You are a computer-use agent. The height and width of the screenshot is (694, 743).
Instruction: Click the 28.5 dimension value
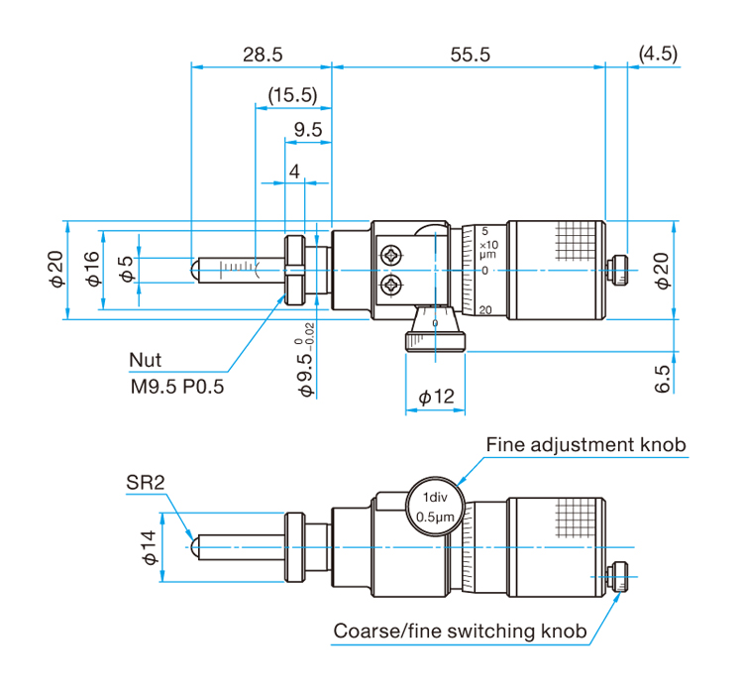pos(263,55)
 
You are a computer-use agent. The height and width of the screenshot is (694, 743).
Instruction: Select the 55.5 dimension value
pos(470,55)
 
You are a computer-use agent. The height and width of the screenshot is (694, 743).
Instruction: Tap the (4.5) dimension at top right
pos(658,54)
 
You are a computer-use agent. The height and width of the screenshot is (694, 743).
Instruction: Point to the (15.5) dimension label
pos(292,95)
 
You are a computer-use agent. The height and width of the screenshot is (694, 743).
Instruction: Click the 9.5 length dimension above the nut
pos(308,130)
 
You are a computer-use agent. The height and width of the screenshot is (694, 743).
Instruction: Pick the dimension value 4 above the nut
pos(294,172)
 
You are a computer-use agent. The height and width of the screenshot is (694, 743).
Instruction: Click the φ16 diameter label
pos(93,269)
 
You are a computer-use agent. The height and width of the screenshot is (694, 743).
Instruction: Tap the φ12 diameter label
pos(436,397)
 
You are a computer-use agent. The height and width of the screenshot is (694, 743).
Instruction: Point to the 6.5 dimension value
pos(663,379)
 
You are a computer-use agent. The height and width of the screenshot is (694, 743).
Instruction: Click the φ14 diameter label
pos(149,547)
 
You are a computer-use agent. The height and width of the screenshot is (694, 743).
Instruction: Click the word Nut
pos(145,360)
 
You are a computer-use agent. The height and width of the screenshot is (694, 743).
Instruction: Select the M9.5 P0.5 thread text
pos(176,387)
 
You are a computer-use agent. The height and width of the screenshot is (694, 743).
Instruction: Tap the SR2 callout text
pos(146,483)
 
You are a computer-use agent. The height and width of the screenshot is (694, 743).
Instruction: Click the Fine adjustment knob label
pos(586,444)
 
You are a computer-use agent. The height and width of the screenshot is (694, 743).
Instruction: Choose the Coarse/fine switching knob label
pos(460,631)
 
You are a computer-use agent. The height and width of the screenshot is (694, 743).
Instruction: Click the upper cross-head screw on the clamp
pos(392,256)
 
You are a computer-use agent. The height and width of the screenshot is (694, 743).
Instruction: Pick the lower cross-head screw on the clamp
pos(392,287)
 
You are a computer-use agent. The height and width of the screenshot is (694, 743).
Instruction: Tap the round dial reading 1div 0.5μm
pos(435,507)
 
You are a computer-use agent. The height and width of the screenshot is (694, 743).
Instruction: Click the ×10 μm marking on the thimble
pos(488,249)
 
